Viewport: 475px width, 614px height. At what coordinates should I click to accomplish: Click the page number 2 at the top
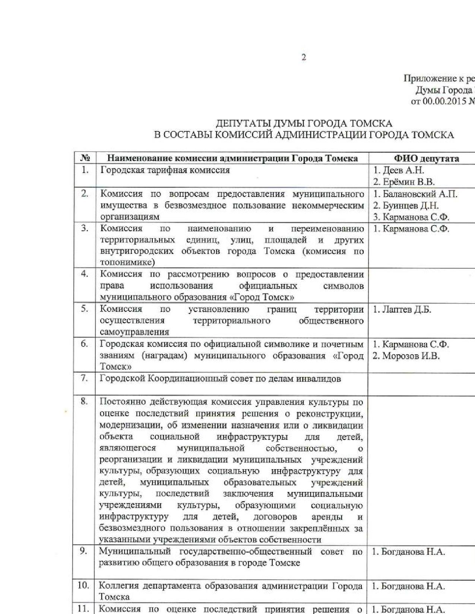coord(304,57)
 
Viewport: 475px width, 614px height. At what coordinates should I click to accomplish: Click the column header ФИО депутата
coord(426,159)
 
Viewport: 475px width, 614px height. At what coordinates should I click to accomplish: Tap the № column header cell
coord(85,158)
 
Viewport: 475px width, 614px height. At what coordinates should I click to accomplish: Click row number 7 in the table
coord(85,378)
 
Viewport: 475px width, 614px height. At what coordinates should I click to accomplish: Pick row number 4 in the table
coord(85,274)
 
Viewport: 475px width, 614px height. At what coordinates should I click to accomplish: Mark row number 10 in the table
coord(83,585)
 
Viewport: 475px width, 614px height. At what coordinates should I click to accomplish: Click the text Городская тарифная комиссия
coord(165,170)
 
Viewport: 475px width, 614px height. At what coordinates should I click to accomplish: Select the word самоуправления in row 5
coord(134,332)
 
